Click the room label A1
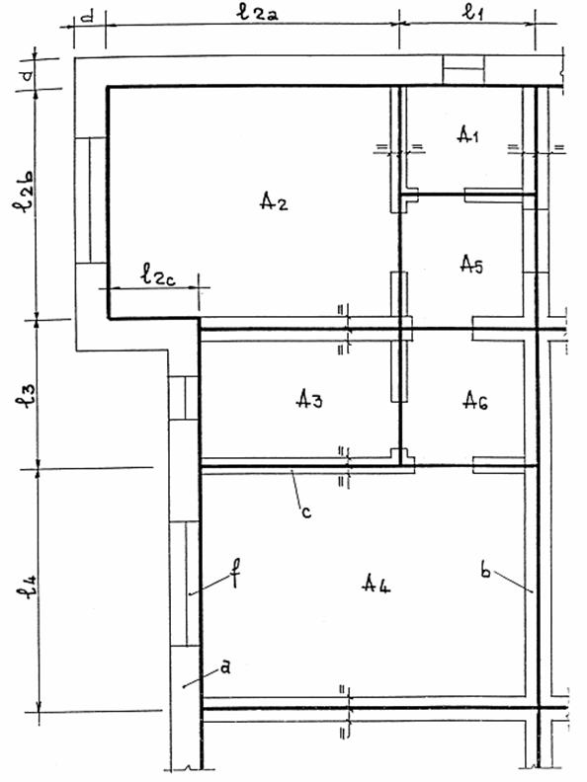[x=468, y=134]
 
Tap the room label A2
[x=274, y=201]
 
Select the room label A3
[x=309, y=399]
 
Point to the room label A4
[x=376, y=583]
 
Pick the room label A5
[x=471, y=265]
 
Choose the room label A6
[x=475, y=400]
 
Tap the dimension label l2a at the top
[x=258, y=13]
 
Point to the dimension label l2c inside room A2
[x=158, y=274]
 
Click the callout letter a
[x=225, y=666]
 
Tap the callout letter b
[x=485, y=569]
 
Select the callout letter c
[x=306, y=511]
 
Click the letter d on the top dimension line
[x=87, y=17]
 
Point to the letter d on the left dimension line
[x=29, y=75]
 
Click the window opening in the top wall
[x=463, y=70]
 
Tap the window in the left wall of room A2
[x=90, y=200]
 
